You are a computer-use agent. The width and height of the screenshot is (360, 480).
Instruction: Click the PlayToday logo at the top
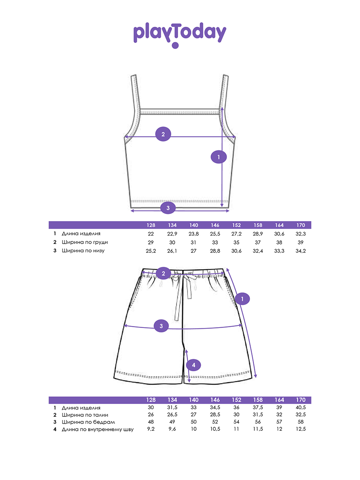coord(180,35)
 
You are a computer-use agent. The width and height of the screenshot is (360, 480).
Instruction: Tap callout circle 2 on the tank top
coord(163,134)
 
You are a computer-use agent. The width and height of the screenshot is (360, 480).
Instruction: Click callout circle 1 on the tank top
coord(218,157)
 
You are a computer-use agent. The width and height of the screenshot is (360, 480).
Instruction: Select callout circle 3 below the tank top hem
coord(168,208)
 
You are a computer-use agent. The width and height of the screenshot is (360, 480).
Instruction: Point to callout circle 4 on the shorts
coord(194,365)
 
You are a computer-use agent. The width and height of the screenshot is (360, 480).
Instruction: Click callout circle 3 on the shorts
coord(161,326)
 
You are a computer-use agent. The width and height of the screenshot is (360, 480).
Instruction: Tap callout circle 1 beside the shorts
coord(242,299)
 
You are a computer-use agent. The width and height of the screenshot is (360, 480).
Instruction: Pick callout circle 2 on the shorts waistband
coord(163,273)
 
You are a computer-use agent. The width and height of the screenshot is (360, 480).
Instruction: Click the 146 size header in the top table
coord(215,225)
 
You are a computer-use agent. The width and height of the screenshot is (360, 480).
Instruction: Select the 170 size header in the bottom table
coord(301,400)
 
